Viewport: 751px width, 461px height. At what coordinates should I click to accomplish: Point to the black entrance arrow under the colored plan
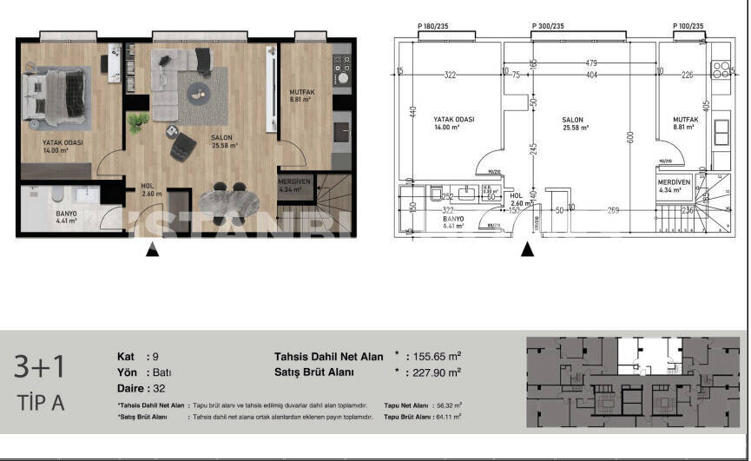coord(152,250)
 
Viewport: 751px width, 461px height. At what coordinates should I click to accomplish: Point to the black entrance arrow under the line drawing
coord(526,250)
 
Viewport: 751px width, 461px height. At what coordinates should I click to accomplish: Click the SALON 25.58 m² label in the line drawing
coord(572,123)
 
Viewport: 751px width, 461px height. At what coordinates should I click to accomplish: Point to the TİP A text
coord(40,403)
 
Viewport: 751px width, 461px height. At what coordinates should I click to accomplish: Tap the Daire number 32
coord(160,388)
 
